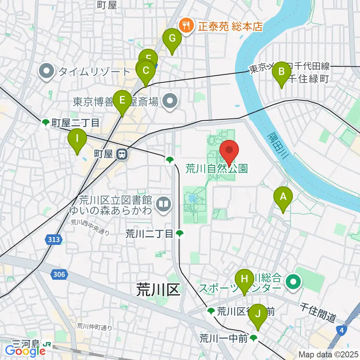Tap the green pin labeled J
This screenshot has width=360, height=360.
pos(258,313)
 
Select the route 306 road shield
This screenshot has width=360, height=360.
pos(59,275)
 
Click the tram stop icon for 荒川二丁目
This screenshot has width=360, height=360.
pos(180,234)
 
